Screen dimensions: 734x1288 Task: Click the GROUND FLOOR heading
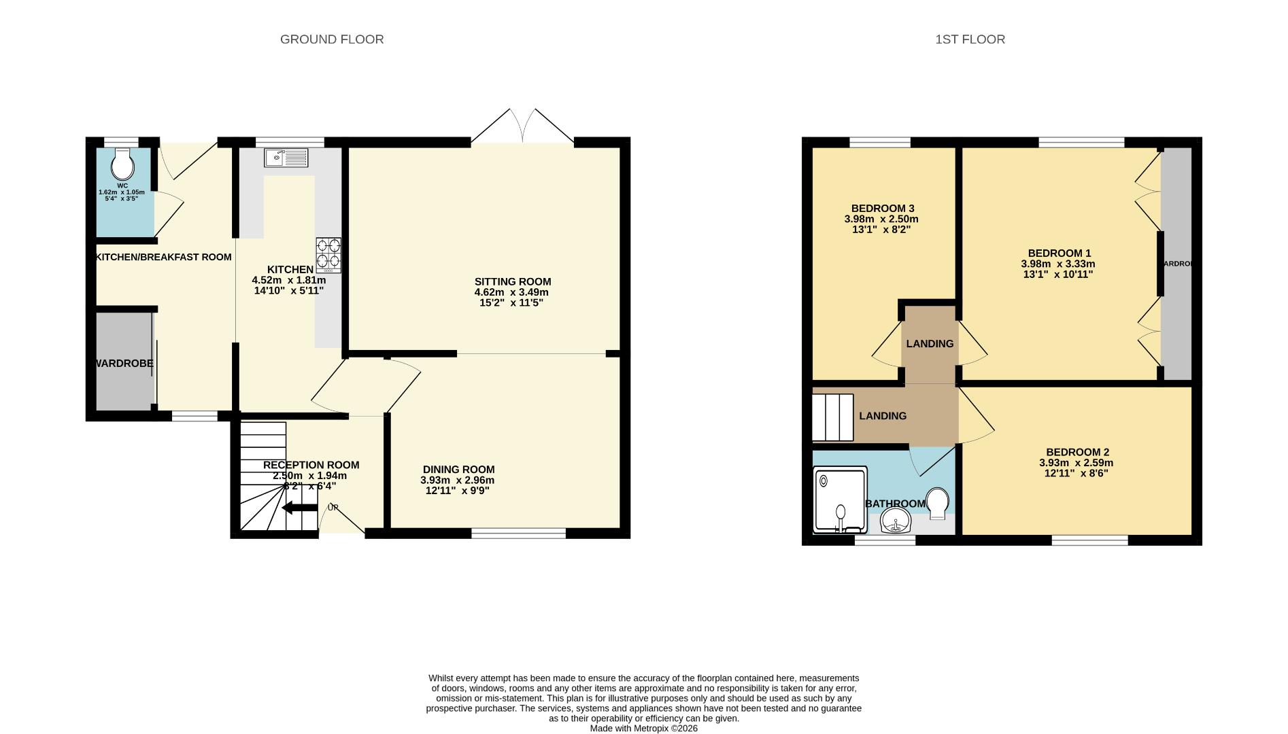pos(332,39)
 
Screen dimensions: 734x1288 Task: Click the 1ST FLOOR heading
pos(970,39)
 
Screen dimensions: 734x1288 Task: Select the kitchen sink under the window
pos(286,158)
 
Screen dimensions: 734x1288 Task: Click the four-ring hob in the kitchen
pos(328,255)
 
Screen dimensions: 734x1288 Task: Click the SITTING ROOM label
pos(513,281)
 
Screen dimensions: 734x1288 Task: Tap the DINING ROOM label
pos(458,470)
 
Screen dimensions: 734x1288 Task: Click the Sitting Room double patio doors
pos(522,127)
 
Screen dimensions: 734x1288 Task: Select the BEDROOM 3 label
pos(882,209)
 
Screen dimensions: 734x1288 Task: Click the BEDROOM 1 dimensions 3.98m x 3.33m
pos(1057,264)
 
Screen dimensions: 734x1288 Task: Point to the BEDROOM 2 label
pos(1077,452)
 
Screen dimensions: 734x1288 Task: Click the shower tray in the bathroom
pos(841,500)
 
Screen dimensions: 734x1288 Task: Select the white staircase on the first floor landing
pos(833,417)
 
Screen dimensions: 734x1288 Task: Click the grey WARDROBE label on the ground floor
pos(124,364)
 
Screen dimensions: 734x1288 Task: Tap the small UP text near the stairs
pos(333,508)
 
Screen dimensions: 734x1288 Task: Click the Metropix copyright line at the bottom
pos(643,728)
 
